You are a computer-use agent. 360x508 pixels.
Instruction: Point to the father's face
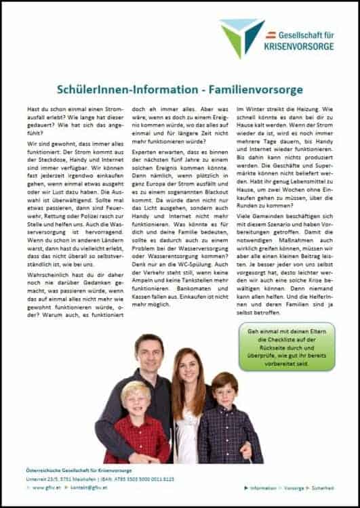tap(149, 353)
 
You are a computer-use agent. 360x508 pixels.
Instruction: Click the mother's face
tap(188, 371)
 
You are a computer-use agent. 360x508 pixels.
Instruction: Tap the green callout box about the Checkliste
tap(286, 346)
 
